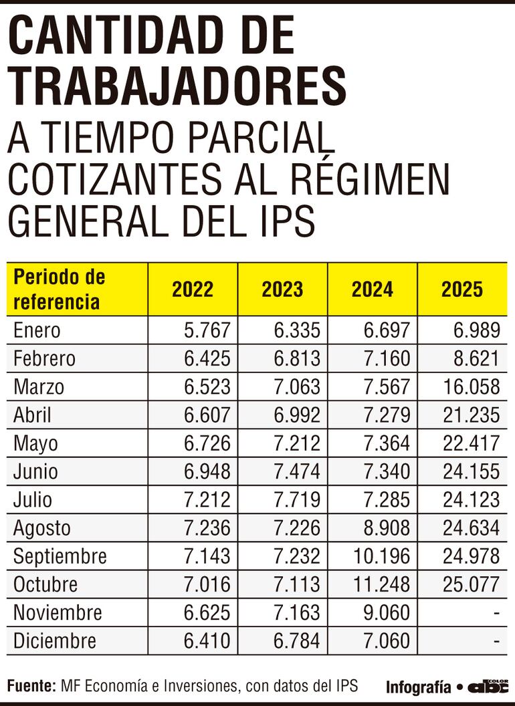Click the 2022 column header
pyautogui.click(x=193, y=289)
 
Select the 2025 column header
pyautogui.click(x=461, y=289)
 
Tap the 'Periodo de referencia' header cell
pyautogui.click(x=59, y=289)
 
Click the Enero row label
pyautogui.click(x=37, y=330)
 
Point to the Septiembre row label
pyautogui.click(x=60, y=556)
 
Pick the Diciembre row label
pyautogui.click(x=54, y=641)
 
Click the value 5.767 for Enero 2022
pyautogui.click(x=207, y=330)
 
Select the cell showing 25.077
pyautogui.click(x=471, y=584)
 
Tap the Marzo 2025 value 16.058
pyautogui.click(x=471, y=387)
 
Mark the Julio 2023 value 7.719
pyautogui.click(x=297, y=499)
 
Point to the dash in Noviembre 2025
pyautogui.click(x=496, y=612)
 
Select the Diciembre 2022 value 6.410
pyautogui.click(x=207, y=641)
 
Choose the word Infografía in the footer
pyautogui.click(x=418, y=687)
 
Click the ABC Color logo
pyautogui.click(x=488, y=686)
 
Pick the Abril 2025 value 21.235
pyautogui.click(x=471, y=415)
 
